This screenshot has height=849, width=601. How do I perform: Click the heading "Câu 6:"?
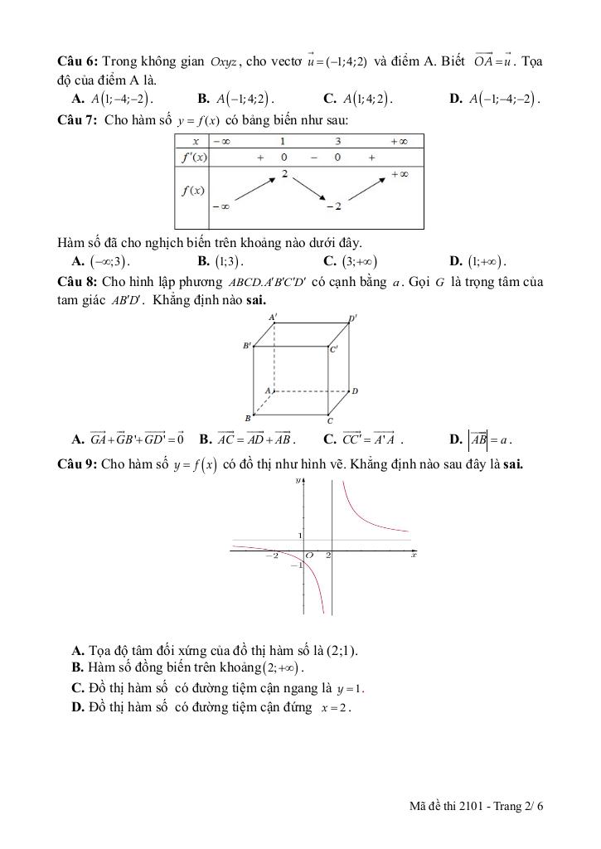(77, 63)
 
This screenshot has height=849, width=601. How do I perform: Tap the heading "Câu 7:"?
(77, 120)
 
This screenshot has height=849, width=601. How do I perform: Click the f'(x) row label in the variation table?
(192, 157)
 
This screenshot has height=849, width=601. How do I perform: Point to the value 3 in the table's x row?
(338, 142)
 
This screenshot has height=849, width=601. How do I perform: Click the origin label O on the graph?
(309, 555)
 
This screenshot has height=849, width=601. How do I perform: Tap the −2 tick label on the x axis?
(273, 555)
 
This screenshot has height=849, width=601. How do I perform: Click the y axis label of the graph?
(298, 481)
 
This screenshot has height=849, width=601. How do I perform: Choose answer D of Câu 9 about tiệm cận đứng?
(212, 707)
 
